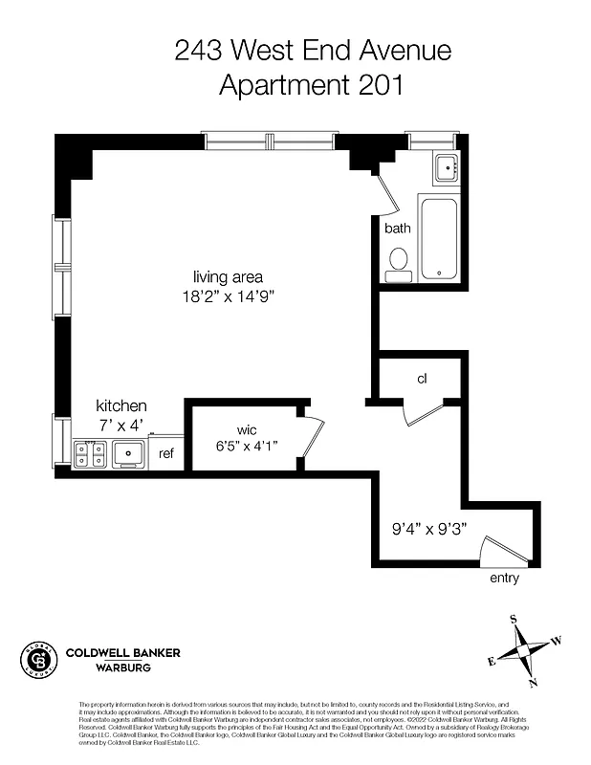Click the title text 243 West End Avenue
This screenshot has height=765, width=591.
312,50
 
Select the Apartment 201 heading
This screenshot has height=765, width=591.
312,85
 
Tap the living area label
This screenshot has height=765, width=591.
228,276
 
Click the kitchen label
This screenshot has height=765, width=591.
120,406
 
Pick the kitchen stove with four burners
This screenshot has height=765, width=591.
90,452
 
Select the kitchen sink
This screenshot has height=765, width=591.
127,452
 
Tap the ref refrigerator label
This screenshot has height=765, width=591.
166,453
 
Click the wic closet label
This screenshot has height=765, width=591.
247,428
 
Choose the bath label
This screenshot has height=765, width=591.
398,229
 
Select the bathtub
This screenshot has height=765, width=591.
440,238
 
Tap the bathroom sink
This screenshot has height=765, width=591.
446,168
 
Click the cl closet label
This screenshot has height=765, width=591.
421,379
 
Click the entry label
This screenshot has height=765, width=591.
504,579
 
